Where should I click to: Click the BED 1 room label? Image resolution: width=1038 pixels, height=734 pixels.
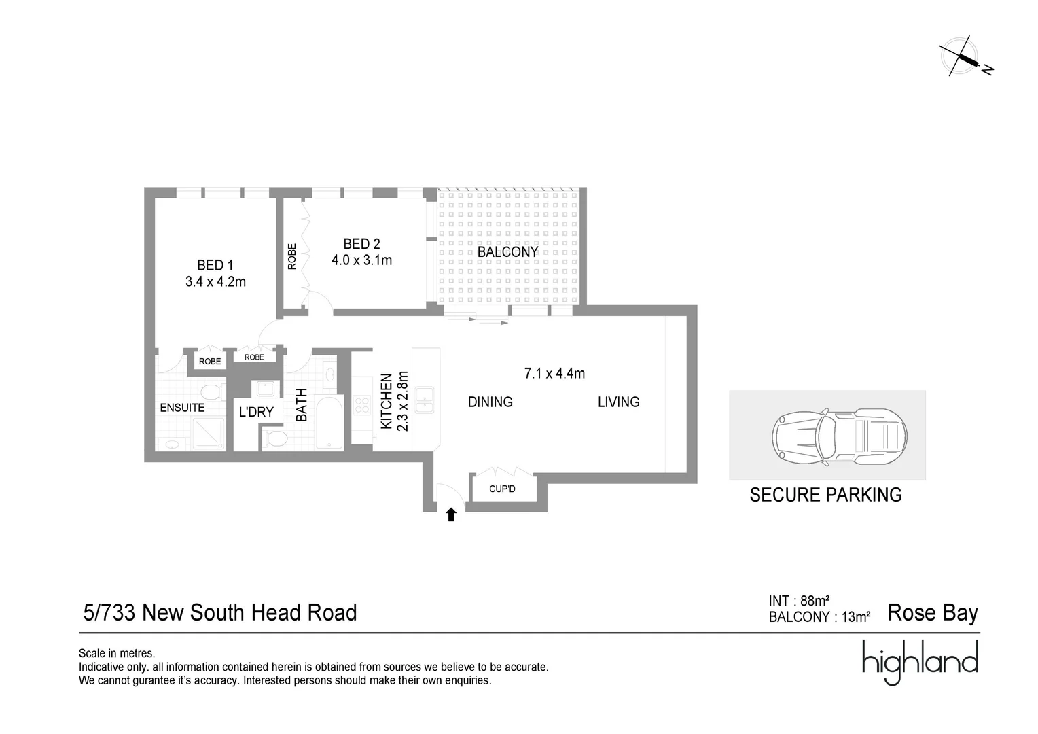pyautogui.click(x=215, y=265)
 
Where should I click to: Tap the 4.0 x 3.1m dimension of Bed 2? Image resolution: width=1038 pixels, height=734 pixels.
pyautogui.click(x=361, y=260)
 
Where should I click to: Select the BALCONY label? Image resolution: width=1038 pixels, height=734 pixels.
pyautogui.click(x=507, y=251)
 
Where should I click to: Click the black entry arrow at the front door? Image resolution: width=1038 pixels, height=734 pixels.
pyautogui.click(x=450, y=514)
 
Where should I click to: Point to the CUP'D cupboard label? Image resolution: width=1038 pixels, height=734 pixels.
pyautogui.click(x=502, y=489)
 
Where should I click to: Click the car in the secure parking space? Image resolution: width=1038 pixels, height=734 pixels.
pyautogui.click(x=839, y=437)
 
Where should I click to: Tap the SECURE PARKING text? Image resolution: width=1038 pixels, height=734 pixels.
pyautogui.click(x=825, y=495)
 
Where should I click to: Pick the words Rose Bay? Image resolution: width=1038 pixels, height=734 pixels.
pyautogui.click(x=932, y=612)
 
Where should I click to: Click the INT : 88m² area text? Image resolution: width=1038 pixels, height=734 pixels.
pyautogui.click(x=799, y=601)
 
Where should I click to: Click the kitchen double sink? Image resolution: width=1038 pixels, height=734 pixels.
pyautogui.click(x=425, y=400)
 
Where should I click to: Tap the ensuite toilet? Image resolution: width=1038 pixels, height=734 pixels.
pyautogui.click(x=213, y=392)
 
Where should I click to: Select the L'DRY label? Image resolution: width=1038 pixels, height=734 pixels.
pyautogui.click(x=256, y=412)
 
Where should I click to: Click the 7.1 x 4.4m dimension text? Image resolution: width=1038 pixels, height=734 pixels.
pyautogui.click(x=554, y=373)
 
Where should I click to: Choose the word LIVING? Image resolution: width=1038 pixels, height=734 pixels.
pyautogui.click(x=618, y=402)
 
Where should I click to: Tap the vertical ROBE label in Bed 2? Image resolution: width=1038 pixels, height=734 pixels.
pyautogui.click(x=292, y=256)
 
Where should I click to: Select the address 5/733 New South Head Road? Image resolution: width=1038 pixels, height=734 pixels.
pyautogui.click(x=219, y=612)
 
